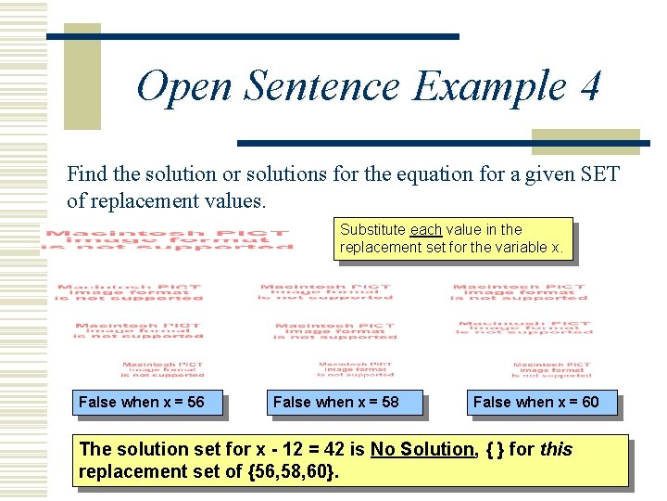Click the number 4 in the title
pyautogui.click(x=590, y=87)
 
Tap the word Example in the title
pyautogui.click(x=488, y=87)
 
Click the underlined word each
pyautogui.click(x=426, y=229)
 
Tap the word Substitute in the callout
pyautogui.click(x=373, y=229)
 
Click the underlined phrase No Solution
pyautogui.click(x=422, y=449)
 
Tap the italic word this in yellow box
pyautogui.click(x=556, y=449)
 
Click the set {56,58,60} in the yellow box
pyautogui.click(x=289, y=471)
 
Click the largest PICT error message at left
pyautogui.click(x=168, y=239)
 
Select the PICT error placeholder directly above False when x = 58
pyautogui.click(x=356, y=369)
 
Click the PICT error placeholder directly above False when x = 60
pyautogui.click(x=550, y=369)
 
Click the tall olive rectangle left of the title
pyautogui.click(x=82, y=76)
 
